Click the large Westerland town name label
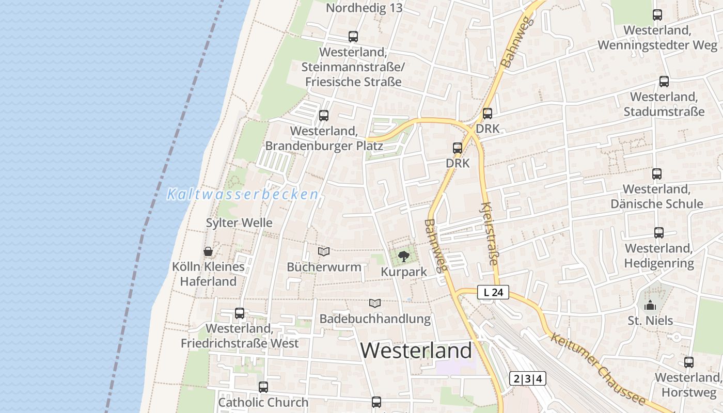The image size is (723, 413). point(416,351)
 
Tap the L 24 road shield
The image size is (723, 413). point(493,293)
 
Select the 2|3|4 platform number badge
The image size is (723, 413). point(527,378)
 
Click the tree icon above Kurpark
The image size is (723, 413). point(404,256)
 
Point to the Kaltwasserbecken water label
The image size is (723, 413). point(243,195)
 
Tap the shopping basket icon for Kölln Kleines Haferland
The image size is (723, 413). point(208,251)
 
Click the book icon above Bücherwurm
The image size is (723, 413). point(324,251)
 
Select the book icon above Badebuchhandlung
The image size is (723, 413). point(375,303)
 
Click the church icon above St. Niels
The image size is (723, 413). point(650,305)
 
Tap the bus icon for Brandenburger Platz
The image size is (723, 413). point(324,116)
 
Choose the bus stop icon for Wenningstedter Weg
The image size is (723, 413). point(657,15)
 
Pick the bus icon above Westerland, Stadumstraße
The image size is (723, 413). point(664,82)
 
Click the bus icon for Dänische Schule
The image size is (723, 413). point(657,174)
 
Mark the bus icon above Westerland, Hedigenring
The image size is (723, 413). point(659,233)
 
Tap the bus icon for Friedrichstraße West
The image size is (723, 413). point(240,313)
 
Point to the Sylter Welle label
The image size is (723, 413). point(239,223)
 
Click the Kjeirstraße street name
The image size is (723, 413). point(489,234)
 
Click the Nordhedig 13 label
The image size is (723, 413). point(364,8)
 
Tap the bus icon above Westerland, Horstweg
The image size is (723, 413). point(689,362)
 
